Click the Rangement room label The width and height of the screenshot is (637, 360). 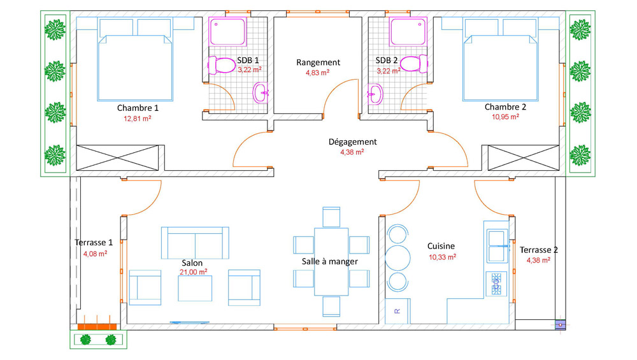point(318,62)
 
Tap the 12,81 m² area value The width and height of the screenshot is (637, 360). point(138,119)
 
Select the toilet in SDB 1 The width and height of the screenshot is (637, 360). point(222,64)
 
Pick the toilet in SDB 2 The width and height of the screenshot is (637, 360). point(414,64)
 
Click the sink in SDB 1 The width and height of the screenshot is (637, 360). point(261,92)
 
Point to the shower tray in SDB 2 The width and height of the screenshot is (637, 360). point(408,31)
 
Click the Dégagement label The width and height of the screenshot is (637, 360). point(353,142)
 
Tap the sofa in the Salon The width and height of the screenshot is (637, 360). point(195,243)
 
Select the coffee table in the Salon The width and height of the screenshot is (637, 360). point(195,288)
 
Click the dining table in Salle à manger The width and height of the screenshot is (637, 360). point(331,262)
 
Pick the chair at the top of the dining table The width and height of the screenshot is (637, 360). point(331,217)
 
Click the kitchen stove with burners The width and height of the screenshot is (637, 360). point(496,284)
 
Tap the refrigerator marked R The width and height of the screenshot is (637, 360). point(397,311)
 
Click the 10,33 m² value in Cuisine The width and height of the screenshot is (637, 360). point(443,257)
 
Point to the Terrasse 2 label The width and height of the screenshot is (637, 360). point(539,250)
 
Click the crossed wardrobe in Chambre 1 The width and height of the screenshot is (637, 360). point(117,157)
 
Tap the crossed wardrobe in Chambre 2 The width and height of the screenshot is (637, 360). point(523,157)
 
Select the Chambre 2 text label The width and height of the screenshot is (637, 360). point(505,107)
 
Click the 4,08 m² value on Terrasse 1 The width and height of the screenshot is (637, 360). point(95,254)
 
